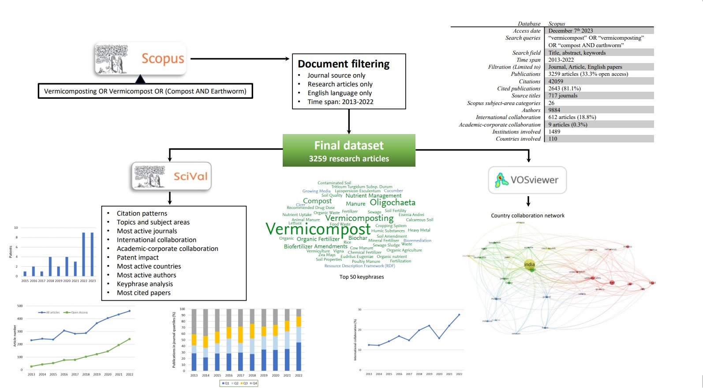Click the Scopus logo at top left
(140, 58)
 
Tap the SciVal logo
(172, 176)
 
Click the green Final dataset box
(349, 151)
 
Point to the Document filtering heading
(344, 64)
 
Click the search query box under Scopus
(145, 91)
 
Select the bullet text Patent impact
(138, 257)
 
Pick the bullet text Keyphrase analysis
(145, 284)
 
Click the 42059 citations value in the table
(556, 81)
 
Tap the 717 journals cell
(563, 96)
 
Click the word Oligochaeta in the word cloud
(393, 202)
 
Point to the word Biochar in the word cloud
(358, 238)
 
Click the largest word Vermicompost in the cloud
(318, 229)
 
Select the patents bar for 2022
(84, 254)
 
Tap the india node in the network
(529, 265)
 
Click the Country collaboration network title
(527, 216)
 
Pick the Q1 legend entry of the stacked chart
(226, 383)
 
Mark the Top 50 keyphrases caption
(362, 277)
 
